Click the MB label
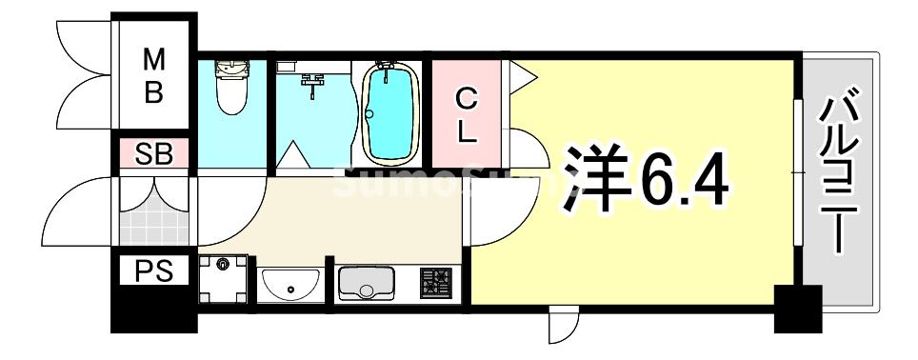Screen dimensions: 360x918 (x=153, y=77)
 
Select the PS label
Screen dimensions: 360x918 (x=153, y=272)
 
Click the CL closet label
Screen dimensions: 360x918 (x=466, y=113)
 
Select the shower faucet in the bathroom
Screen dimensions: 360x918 (x=311, y=85)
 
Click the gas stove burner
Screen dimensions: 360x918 (x=437, y=283)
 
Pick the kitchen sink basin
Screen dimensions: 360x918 (x=367, y=283)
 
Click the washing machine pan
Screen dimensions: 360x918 (x=224, y=279)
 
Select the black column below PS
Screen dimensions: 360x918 (x=153, y=310)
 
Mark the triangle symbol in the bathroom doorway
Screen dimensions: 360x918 (x=293, y=153)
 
